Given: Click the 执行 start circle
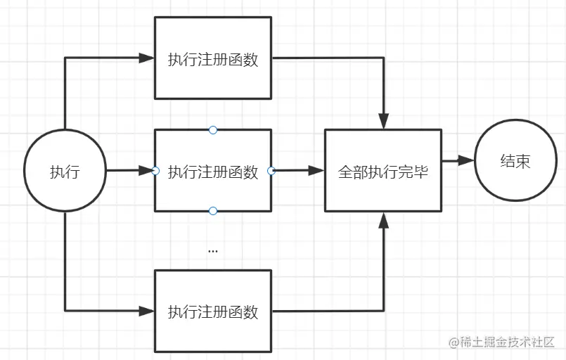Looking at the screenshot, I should pos(65,171).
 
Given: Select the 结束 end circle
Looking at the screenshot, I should pos(515,161).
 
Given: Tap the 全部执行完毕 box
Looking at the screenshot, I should pos(383,170).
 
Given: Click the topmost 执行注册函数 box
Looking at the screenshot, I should pos(213,59).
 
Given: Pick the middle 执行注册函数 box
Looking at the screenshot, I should pos(213,171).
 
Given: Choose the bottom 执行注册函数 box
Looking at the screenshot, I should pos(213,311).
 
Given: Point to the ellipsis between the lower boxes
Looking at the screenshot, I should pos(213,250).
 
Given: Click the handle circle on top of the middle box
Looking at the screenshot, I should pos(213,130).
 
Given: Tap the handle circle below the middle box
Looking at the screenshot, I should pos(213,211).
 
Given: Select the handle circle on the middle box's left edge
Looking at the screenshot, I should pos(155,171).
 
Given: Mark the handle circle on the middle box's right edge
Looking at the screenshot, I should pos(271,170).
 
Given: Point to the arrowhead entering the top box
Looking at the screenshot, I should pos(146,58).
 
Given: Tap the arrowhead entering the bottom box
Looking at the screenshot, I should pos(146,310).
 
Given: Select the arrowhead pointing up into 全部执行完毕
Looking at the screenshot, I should pos(383,220).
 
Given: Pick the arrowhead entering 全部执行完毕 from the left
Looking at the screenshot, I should pos(316,170).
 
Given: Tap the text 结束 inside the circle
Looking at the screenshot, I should pos(515,161).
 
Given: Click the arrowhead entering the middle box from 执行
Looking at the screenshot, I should pos(146,170).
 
